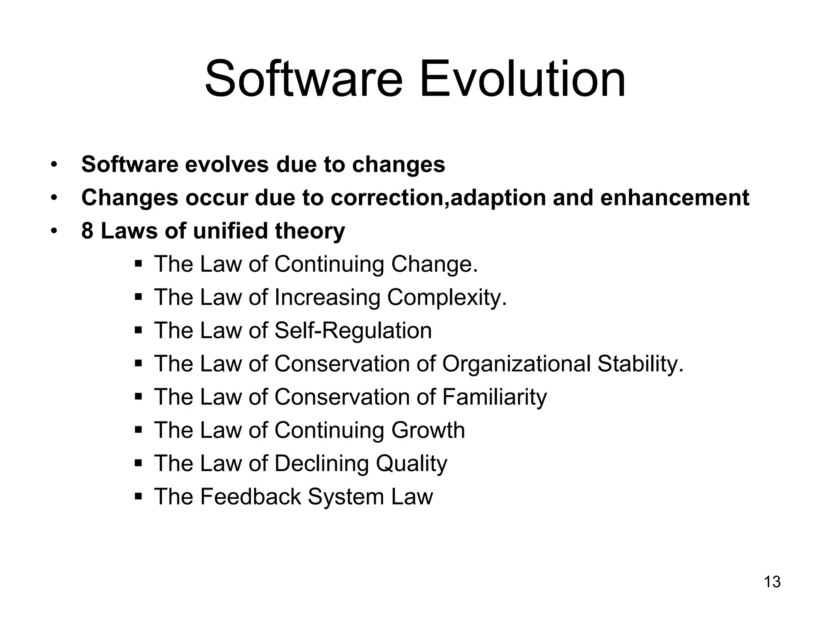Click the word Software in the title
tap(304, 79)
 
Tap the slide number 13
tap(772, 582)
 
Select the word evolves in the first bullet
tap(227, 165)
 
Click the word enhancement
tap(674, 198)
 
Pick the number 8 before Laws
tap(87, 231)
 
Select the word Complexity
tap(447, 297)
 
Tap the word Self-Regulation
tap(353, 331)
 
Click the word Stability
tap(640, 364)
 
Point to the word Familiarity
tap(494, 397)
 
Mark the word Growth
tap(428, 430)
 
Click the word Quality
tap(411, 464)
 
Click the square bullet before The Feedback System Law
tap(138, 496)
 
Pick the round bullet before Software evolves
tap(54, 165)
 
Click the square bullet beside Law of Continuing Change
tap(138, 264)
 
